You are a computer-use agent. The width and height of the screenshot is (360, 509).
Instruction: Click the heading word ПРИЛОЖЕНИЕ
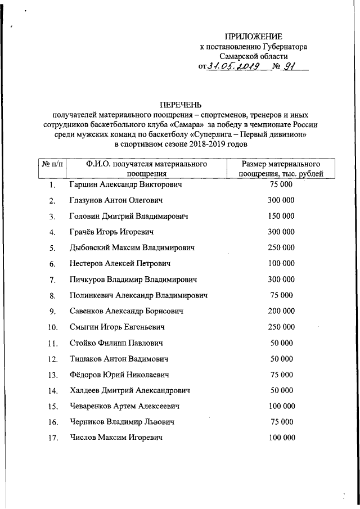point(249,37)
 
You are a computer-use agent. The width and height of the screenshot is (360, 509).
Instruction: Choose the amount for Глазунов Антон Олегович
point(281,200)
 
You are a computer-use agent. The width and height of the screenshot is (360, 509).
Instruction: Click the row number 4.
point(52,232)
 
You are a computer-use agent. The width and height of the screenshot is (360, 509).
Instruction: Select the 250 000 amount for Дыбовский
point(281,247)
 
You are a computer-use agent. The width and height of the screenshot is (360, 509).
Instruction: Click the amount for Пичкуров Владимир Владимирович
point(281,279)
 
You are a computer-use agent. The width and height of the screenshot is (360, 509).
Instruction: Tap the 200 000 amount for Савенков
point(281,310)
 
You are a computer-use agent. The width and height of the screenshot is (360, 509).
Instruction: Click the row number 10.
point(52,327)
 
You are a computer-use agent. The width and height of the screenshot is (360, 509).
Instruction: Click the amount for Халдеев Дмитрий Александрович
point(281,390)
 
